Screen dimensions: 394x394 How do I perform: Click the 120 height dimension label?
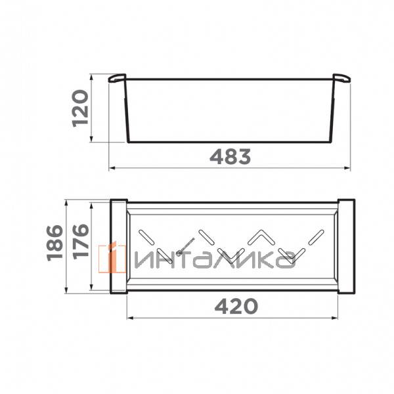[80, 108]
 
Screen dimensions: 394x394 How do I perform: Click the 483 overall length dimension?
[230, 156]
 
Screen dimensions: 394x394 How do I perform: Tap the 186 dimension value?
[55, 243]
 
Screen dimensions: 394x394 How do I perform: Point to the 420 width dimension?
[236, 306]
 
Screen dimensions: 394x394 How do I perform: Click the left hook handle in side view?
[117, 78]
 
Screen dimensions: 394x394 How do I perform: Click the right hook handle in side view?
[341, 78]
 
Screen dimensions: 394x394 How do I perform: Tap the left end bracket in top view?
[119, 246]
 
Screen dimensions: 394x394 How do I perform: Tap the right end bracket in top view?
[346, 246]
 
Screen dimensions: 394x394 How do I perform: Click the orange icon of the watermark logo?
[112, 258]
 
